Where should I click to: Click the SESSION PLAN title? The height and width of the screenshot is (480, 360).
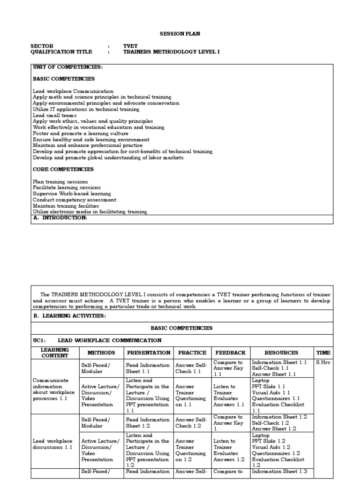(180, 34)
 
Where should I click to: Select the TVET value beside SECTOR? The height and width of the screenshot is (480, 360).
(130, 46)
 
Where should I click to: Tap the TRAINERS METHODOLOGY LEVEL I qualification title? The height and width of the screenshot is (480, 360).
(171, 52)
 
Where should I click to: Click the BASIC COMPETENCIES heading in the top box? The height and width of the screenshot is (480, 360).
(64, 79)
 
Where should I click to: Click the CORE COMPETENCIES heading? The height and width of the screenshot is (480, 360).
(63, 169)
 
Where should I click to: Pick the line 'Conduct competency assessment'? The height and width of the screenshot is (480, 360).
(75, 200)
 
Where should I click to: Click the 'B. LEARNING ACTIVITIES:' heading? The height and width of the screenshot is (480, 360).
(69, 316)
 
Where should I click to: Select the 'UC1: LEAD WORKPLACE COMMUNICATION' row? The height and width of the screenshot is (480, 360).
(97, 340)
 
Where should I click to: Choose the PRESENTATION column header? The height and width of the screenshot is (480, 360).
(149, 352)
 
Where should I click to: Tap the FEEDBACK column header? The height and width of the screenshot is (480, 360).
(230, 352)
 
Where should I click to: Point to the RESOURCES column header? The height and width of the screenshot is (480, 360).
(281, 352)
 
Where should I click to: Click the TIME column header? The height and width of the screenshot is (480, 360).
(323, 352)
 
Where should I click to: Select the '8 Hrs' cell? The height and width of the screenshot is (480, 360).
(323, 362)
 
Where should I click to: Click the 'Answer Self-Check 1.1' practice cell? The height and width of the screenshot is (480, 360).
(191, 368)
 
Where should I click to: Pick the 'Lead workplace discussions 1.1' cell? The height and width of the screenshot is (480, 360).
(52, 444)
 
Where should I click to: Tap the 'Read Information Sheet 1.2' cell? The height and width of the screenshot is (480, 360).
(148, 423)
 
